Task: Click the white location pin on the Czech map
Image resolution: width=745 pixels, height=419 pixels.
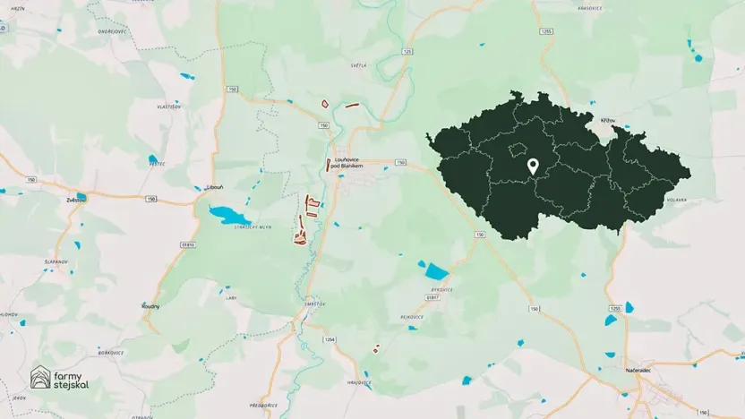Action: (x=532, y=167)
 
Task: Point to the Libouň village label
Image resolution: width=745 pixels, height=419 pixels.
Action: (x=214, y=187)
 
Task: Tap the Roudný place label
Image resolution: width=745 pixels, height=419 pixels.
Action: (x=150, y=306)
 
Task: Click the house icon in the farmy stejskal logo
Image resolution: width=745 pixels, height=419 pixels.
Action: (x=40, y=378)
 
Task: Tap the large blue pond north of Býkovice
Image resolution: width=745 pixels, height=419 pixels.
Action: (x=436, y=271)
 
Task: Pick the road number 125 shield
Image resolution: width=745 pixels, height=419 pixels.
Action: (x=407, y=52)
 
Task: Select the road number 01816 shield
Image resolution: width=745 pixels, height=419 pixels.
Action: (x=187, y=244)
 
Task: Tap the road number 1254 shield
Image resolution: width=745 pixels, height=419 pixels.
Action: (x=329, y=339)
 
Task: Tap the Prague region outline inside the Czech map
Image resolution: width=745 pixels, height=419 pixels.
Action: (x=517, y=150)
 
